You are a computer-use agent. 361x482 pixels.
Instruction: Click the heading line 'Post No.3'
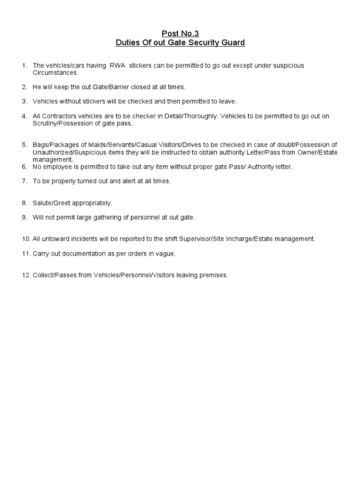[180, 33]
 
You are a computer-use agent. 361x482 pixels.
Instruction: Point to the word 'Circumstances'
[55, 73]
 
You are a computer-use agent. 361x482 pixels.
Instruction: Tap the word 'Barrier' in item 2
[121, 87]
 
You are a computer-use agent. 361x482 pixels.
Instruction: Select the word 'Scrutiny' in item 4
[46, 123]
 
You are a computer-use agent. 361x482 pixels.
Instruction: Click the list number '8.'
[24, 203]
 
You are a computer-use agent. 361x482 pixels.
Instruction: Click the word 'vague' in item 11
[166, 254]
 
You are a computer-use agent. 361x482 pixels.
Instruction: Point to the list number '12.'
[26, 275]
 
